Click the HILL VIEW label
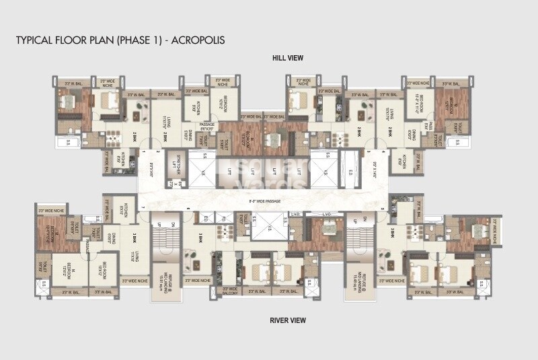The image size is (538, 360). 287,59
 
